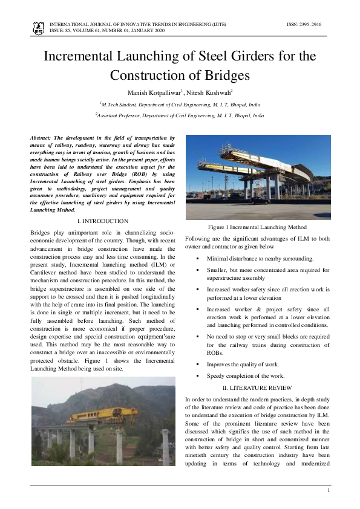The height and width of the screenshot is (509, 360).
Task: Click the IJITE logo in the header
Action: (x=38, y=27)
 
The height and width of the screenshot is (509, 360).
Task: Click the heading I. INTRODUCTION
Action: (x=103, y=221)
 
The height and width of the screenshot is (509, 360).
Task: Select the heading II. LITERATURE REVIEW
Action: (x=257, y=387)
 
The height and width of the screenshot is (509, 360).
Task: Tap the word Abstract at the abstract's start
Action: (x=42, y=138)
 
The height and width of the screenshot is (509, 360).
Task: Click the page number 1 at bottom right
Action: (x=328, y=490)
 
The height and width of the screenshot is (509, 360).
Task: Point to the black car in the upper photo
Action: (x=258, y=201)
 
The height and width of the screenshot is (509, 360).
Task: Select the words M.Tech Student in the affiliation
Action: (x=121, y=104)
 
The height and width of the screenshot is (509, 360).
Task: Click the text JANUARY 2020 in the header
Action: (x=146, y=30)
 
